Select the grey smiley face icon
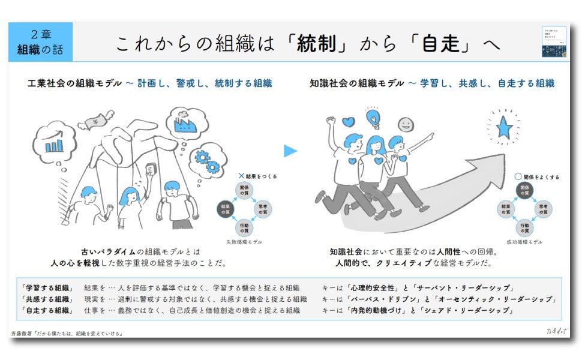click(406, 125)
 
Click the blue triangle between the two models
click(290, 151)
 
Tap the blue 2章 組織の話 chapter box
click(40, 42)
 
